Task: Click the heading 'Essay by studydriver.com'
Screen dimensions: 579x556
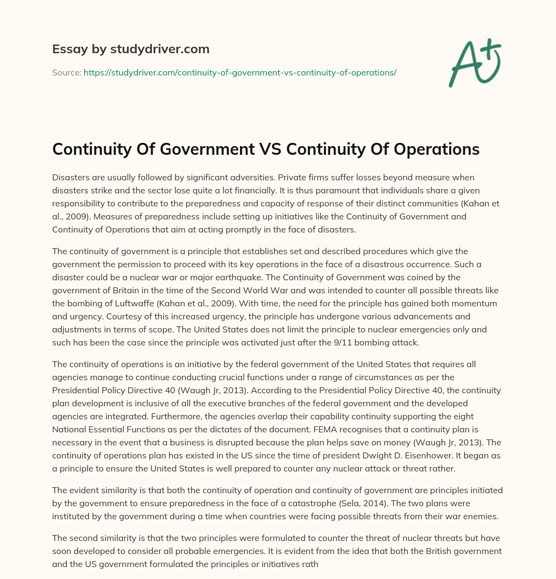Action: click(x=131, y=49)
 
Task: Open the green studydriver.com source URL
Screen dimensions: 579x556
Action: click(x=239, y=72)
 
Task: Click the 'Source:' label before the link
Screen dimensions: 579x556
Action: click(x=66, y=72)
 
